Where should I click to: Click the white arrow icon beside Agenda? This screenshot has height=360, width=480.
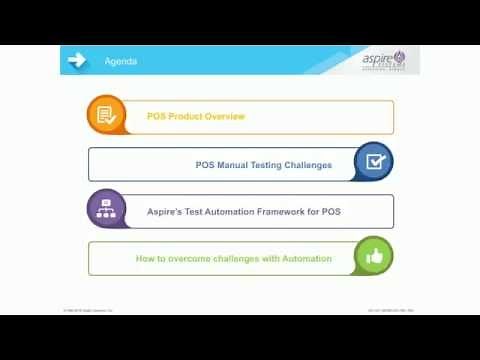pyautogui.click(x=77, y=60)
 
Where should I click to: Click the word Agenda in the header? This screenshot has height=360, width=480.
pyautogui.click(x=121, y=62)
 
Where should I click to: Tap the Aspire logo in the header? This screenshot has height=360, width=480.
pyautogui.click(x=384, y=60)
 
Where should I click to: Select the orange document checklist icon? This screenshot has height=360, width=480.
pyautogui.click(x=106, y=115)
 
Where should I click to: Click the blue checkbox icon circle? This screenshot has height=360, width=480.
pyautogui.click(x=374, y=161)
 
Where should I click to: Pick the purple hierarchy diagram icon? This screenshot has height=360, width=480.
pyautogui.click(x=106, y=209)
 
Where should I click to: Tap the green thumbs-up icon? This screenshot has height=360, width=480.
pyautogui.click(x=374, y=256)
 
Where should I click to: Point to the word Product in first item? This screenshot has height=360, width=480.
pyautogui.click(x=183, y=117)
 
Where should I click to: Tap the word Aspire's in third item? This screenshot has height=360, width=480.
pyautogui.click(x=164, y=212)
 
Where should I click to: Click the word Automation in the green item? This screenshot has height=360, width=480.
pyautogui.click(x=306, y=259)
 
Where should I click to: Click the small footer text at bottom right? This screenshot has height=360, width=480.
pyautogui.click(x=391, y=310)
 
